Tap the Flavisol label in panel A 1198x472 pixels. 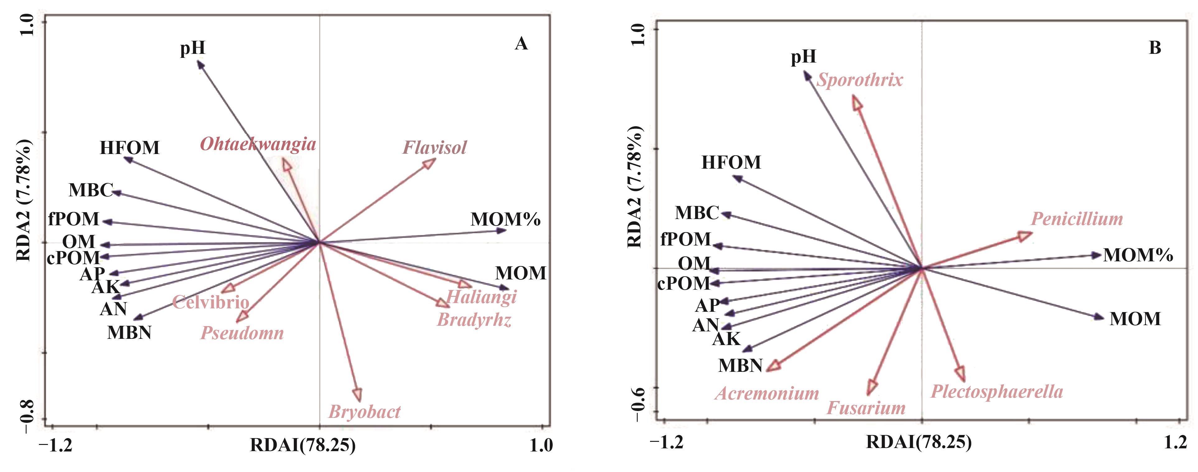point(434,147)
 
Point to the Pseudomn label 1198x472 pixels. point(242,333)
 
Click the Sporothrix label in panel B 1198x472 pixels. point(859,80)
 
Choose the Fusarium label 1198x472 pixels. point(866,408)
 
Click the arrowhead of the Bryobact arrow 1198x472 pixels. point(358,395)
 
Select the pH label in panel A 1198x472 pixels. point(193,48)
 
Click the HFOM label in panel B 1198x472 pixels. point(731,162)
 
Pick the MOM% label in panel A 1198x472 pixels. point(506,219)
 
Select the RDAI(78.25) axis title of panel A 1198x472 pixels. point(303,445)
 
